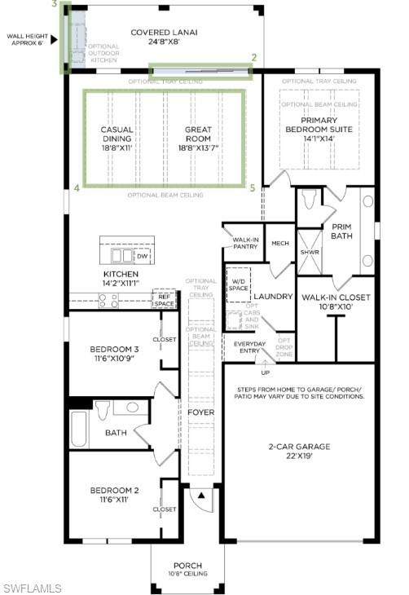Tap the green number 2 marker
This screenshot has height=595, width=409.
[254, 58]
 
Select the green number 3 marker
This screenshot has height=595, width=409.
[54, 5]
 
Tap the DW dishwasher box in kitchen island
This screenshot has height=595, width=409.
[142, 255]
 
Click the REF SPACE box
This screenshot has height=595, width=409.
[164, 300]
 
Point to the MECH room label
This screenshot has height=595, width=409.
[280, 243]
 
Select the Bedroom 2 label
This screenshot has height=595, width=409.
[114, 495]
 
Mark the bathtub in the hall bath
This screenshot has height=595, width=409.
[80, 431]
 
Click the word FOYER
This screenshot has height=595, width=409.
[200, 412]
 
